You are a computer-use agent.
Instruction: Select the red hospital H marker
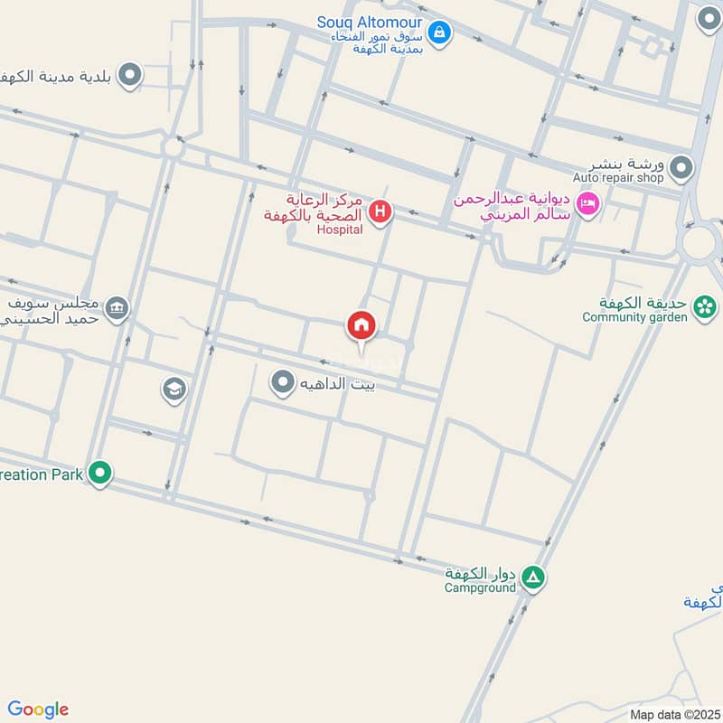(x=381, y=211)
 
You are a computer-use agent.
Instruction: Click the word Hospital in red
(x=340, y=230)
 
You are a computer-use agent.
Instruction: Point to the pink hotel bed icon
(x=588, y=203)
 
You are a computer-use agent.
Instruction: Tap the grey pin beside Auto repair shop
(x=681, y=168)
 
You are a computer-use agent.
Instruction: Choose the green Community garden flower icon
(x=704, y=309)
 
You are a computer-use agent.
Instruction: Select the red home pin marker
(x=361, y=326)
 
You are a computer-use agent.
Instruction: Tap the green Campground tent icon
(x=534, y=577)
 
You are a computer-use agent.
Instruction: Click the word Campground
(x=480, y=587)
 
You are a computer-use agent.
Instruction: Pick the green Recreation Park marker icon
(x=100, y=472)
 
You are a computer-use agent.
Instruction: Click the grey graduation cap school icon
(x=174, y=390)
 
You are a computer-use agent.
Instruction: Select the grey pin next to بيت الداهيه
(x=283, y=382)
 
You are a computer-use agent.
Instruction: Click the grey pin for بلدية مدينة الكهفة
(x=130, y=75)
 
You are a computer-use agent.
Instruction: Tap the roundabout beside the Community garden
(x=700, y=242)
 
